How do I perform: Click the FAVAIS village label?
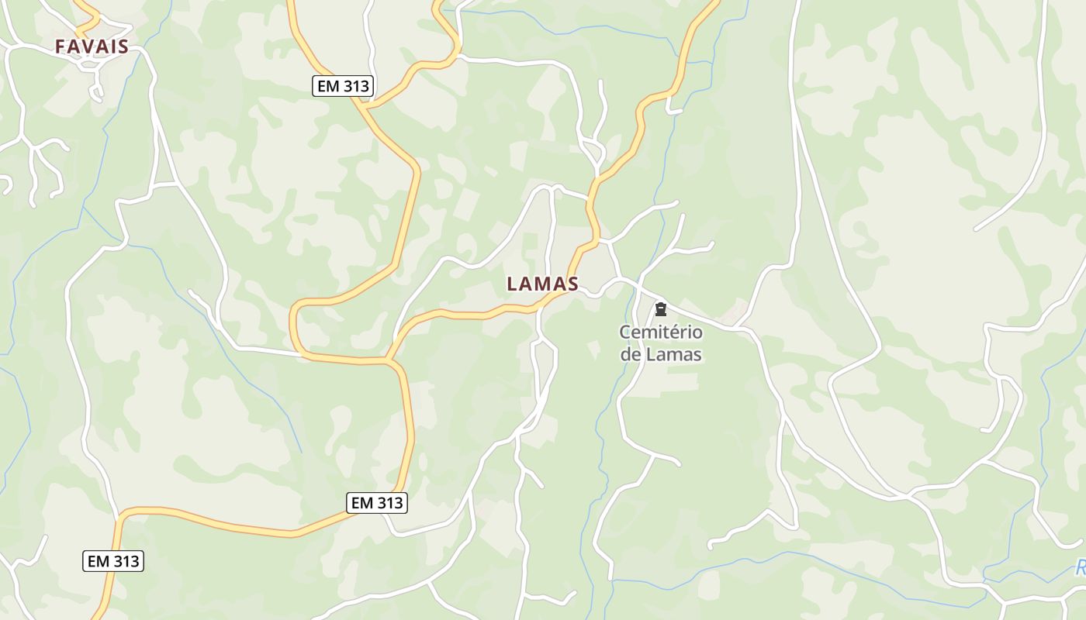click(92, 46)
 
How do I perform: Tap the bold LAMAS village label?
click(542, 284)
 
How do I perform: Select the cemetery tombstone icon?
click(661, 310)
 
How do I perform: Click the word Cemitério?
click(661, 333)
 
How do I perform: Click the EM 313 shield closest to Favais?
click(343, 86)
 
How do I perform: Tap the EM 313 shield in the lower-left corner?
click(113, 561)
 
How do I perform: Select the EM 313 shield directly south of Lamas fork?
click(377, 503)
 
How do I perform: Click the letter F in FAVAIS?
click(60, 46)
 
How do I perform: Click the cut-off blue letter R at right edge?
click(1080, 569)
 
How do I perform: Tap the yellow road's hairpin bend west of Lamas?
click(294, 325)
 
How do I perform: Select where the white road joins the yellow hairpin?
click(302, 355)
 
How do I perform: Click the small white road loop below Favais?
click(95, 91)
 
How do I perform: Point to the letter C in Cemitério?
click(624, 333)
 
